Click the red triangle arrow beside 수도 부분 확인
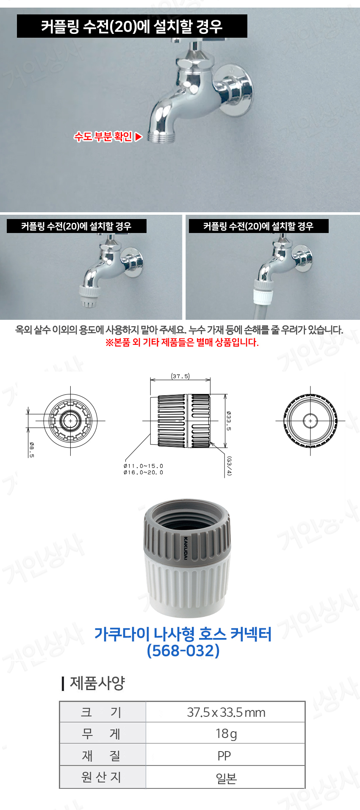coord(138,137)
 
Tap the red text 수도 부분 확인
coord(103,136)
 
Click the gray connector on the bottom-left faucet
coord(89,296)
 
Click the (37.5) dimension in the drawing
coord(180,376)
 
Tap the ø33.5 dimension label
coord(229,421)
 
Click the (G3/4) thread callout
coord(229,466)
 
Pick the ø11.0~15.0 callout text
coord(143,466)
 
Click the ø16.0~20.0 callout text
coord(143,472)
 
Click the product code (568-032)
coord(183,650)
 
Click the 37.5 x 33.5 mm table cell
coord(226,712)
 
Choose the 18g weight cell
coord(226,733)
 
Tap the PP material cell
coord(224,755)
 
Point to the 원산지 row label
coord(102,777)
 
